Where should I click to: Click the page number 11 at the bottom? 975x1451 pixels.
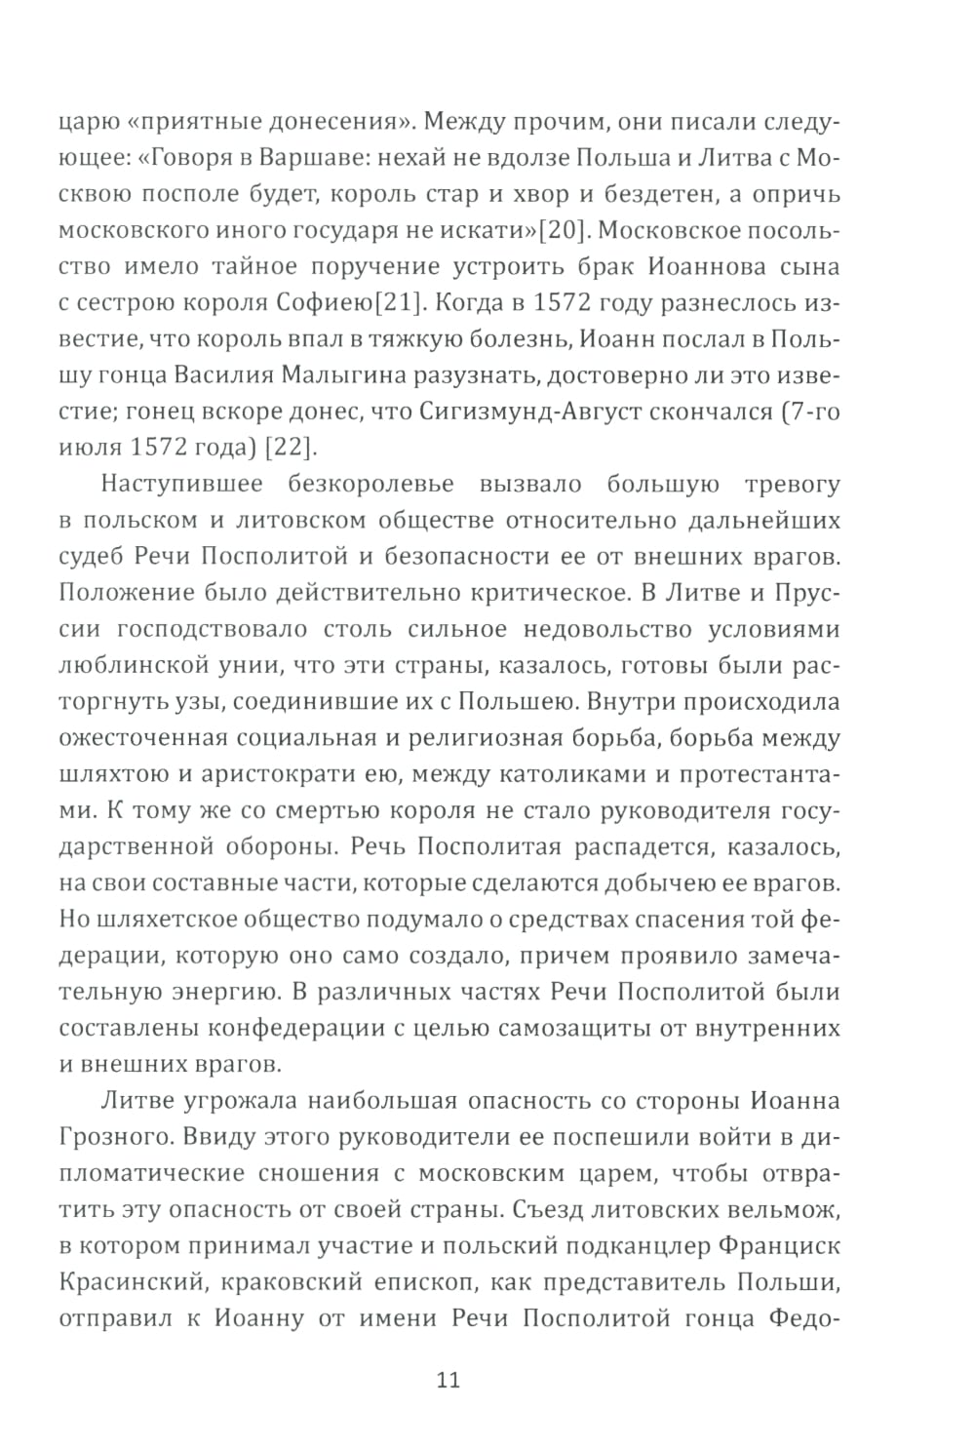[x=448, y=1380]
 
